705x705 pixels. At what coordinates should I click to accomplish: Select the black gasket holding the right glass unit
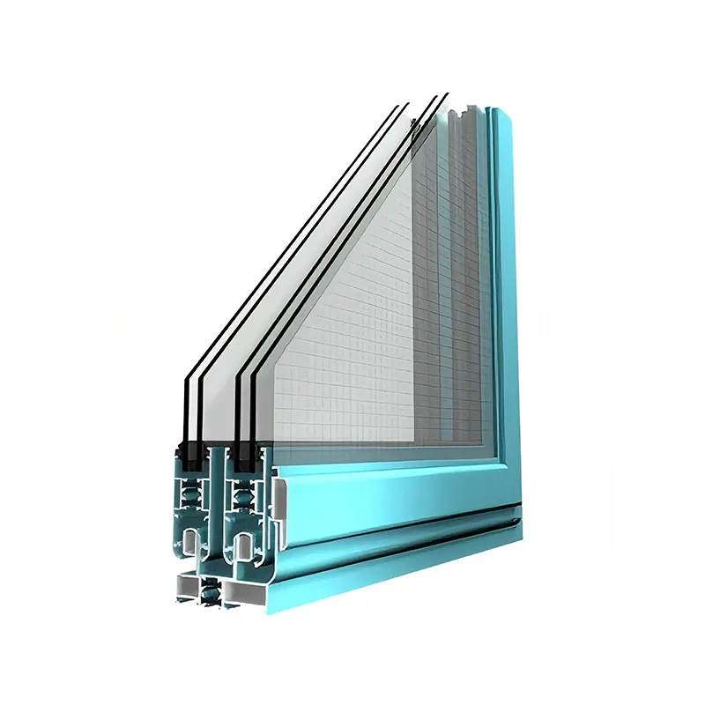tap(241, 454)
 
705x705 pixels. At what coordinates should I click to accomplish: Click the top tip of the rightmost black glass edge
tap(445, 94)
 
